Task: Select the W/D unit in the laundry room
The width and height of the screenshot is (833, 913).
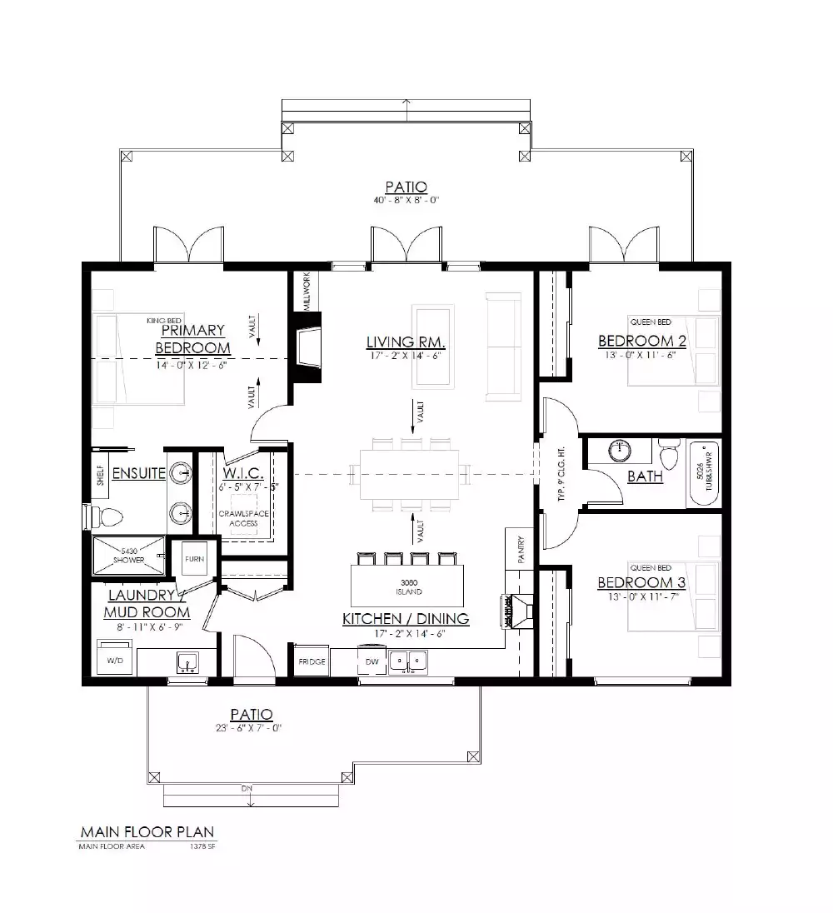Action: click(x=114, y=658)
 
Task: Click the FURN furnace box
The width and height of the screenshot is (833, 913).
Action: click(x=193, y=558)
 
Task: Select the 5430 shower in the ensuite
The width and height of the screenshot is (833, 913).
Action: click(x=128, y=556)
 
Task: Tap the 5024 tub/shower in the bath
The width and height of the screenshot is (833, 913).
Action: click(x=705, y=475)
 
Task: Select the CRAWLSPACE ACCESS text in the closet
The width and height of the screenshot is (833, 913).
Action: click(x=244, y=518)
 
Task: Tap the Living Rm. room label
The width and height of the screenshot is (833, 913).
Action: click(x=406, y=342)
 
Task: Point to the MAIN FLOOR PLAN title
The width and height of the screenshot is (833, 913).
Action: click(x=147, y=831)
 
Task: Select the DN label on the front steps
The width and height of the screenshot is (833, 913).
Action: click(x=247, y=788)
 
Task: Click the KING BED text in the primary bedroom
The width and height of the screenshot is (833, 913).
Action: click(x=163, y=320)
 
